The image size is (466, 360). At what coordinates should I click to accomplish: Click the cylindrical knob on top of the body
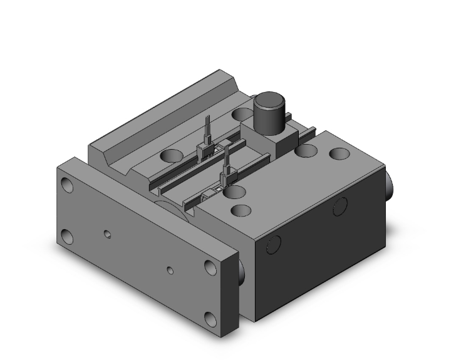click(269, 112)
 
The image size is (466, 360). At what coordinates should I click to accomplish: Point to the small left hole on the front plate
click(108, 235)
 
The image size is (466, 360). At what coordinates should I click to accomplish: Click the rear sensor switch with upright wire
click(204, 143)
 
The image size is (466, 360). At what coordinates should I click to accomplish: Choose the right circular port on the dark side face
click(341, 205)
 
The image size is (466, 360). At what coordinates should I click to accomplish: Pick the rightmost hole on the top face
click(339, 153)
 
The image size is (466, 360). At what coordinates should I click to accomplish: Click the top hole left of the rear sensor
click(169, 155)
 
